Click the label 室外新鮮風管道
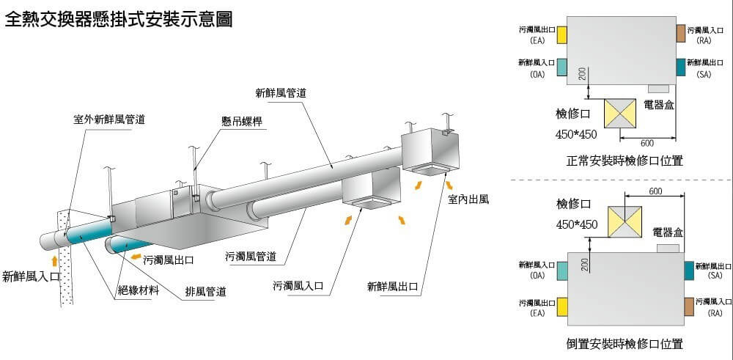click(109, 119)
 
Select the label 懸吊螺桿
click(242, 122)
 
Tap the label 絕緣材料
click(139, 290)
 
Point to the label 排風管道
click(205, 293)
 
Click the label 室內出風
click(468, 199)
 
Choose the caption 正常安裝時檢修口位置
click(625, 161)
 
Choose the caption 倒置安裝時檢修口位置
click(625, 343)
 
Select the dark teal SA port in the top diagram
click(681, 67)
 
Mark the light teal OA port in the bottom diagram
click(562, 269)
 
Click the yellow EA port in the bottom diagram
click(562, 306)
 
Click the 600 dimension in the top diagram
click(647, 143)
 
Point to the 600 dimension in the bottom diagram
click(656, 192)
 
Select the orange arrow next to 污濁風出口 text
click(136, 257)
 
